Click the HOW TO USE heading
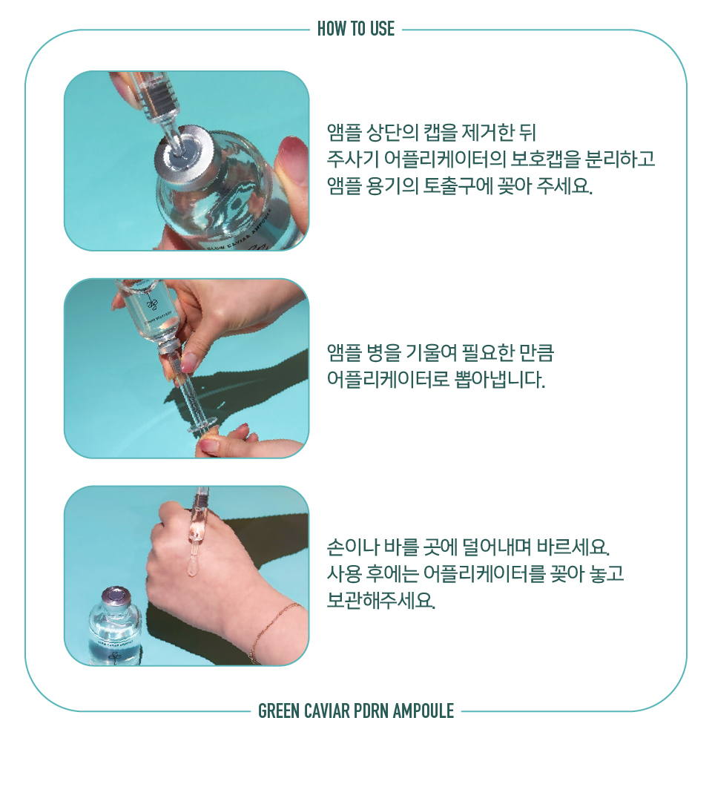point(355,29)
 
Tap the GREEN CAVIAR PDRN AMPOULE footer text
point(356,711)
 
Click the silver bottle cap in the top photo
point(185,155)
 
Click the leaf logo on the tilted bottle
point(152,303)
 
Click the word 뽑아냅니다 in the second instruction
point(497,380)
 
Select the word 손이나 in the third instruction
point(353,547)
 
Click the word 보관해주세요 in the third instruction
point(381,601)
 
